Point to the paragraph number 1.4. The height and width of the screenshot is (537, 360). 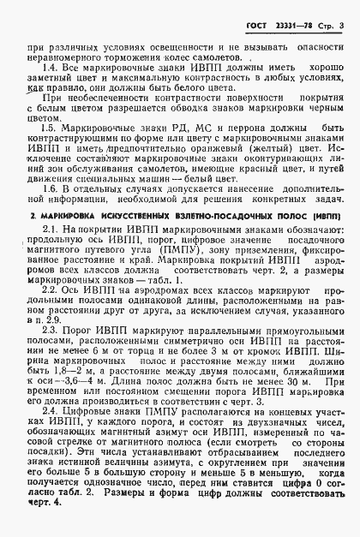(x=49, y=67)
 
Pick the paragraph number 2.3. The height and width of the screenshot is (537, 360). (x=49, y=329)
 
